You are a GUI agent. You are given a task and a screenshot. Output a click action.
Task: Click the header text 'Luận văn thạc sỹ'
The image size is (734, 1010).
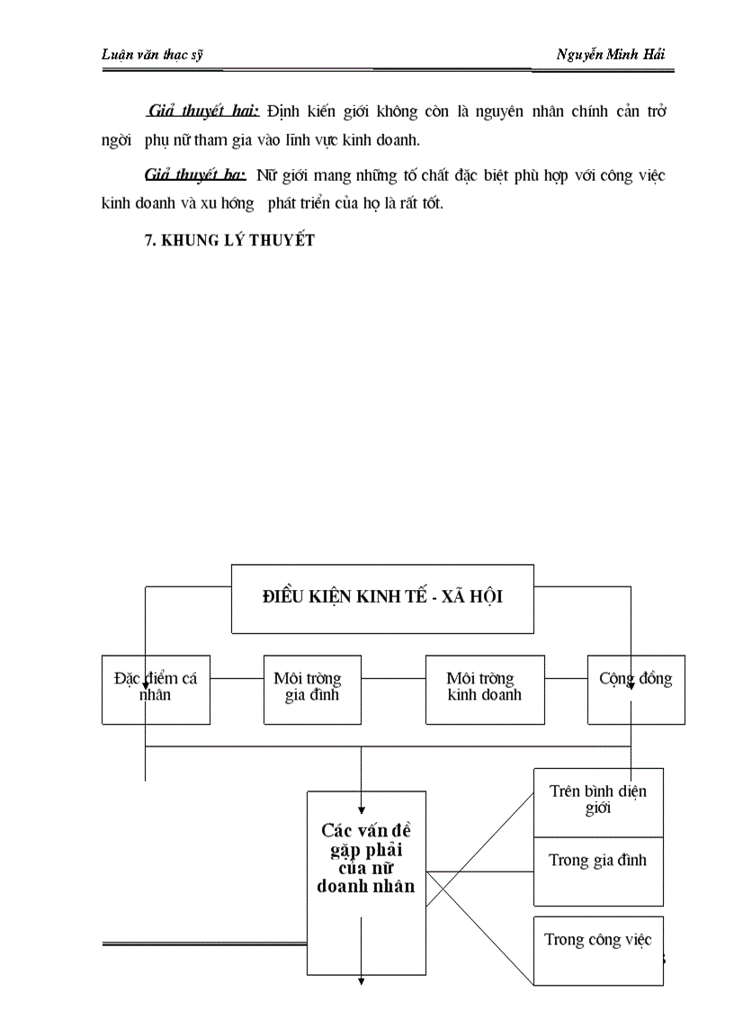pyautogui.click(x=152, y=54)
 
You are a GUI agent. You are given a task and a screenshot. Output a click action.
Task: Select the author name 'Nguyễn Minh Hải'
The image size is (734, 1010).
pyautogui.click(x=611, y=54)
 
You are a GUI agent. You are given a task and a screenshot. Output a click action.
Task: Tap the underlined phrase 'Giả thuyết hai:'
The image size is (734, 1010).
pyautogui.click(x=203, y=112)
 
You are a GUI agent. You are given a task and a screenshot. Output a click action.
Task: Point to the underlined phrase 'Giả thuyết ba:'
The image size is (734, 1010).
pyautogui.click(x=195, y=175)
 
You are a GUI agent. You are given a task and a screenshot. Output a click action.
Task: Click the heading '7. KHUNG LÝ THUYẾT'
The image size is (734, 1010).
pyautogui.click(x=229, y=240)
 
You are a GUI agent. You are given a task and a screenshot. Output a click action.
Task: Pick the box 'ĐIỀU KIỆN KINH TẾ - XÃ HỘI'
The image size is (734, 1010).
pyautogui.click(x=382, y=597)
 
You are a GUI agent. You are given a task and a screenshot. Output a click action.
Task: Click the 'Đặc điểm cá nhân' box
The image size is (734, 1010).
pyautogui.click(x=156, y=688)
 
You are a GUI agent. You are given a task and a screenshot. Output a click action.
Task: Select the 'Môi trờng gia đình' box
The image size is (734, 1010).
pyautogui.click(x=312, y=688)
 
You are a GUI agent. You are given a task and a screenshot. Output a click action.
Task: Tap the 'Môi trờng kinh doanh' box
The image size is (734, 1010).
pyautogui.click(x=484, y=688)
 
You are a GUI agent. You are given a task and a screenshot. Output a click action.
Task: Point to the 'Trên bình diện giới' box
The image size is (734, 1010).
pyautogui.click(x=597, y=799)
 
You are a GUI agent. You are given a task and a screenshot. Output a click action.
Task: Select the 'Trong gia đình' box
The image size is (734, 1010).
pyautogui.click(x=597, y=861)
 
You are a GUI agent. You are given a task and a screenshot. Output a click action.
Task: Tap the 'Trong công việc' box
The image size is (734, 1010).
pyautogui.click(x=597, y=941)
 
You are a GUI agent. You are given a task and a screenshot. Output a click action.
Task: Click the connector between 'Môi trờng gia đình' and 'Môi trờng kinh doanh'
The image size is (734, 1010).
pyautogui.click(x=393, y=678)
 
